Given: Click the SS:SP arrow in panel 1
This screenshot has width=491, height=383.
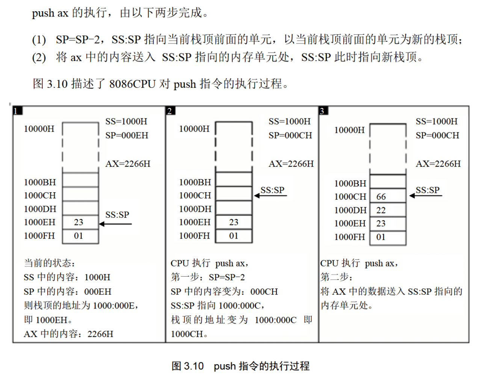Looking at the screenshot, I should point(116,224).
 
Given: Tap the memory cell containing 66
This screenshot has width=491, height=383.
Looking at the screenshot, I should point(388,196).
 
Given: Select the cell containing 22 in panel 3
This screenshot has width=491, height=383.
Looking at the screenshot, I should point(388,210).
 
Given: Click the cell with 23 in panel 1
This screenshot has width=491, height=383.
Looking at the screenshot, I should point(80,222).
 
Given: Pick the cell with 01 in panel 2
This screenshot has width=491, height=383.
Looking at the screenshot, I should point(234,236).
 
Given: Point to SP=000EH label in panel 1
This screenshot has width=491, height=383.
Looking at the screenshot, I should point(127,135).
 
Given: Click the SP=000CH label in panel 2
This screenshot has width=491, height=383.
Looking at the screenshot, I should point(290,135).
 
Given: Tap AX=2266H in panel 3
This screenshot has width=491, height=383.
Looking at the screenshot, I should point(438,164).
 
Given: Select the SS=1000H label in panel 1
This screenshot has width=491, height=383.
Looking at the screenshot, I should point(126,122).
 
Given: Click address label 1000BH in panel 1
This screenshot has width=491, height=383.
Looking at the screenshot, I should point(40,182).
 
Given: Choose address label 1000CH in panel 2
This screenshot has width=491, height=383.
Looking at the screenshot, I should point(195,195).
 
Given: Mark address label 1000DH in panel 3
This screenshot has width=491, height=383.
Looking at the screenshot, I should point(350,210).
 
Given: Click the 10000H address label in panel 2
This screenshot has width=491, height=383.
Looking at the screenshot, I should point(194,129).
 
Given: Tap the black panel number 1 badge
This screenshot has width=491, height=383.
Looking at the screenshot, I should point(17,111).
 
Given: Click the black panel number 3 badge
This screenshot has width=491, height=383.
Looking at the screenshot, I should point(323,111).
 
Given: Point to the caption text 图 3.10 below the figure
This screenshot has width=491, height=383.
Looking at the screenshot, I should point(187,366).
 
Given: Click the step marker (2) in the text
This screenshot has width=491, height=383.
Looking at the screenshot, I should point(39,58).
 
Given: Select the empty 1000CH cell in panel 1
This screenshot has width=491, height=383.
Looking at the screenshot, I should point(80,195).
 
